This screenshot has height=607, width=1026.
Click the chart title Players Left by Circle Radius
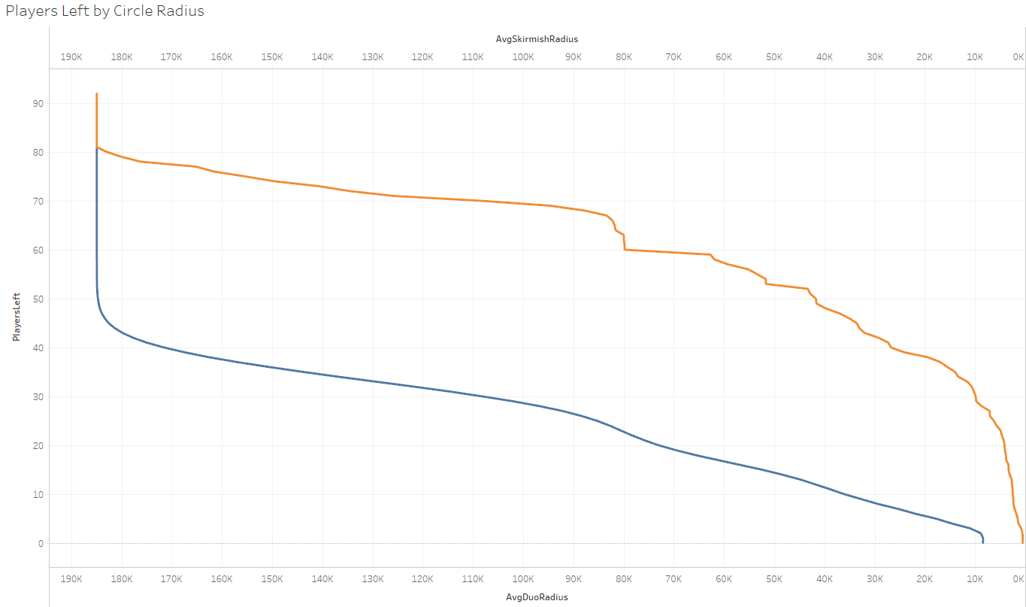click(104, 11)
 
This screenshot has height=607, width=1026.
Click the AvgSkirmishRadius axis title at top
click(537, 38)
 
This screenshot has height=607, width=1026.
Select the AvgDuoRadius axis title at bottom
click(537, 597)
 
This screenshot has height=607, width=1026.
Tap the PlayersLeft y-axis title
click(16, 318)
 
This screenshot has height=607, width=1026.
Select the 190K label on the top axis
click(71, 57)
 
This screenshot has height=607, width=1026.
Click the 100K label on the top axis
click(523, 57)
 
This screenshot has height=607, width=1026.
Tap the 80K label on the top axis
click(624, 57)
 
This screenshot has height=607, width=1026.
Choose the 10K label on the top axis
click(975, 57)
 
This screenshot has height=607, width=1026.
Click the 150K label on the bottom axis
click(272, 579)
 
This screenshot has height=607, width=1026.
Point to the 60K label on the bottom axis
click(724, 579)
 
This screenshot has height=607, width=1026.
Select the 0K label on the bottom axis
click(1018, 579)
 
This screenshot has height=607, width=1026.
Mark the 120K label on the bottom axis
click(422, 579)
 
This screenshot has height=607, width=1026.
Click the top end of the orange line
click(97, 94)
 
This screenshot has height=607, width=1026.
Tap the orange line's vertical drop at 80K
click(624, 242)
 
